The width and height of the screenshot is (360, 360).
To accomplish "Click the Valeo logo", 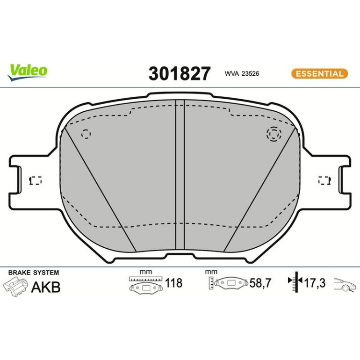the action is tap(27, 72).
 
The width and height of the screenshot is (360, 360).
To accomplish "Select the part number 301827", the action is tap(180, 73).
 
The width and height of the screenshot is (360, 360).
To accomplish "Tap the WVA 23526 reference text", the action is tap(242, 74).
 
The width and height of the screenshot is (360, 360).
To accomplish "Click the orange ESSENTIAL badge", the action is tap(320, 74).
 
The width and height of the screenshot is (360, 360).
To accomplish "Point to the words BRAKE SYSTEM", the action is tap(34, 273).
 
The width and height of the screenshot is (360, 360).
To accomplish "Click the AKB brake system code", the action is tap(46, 287).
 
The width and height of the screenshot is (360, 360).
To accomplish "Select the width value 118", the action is tap(174, 283).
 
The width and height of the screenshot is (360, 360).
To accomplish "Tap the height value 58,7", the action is tap(260, 283).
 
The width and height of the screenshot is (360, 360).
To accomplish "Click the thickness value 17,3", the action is tap(315, 283).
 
